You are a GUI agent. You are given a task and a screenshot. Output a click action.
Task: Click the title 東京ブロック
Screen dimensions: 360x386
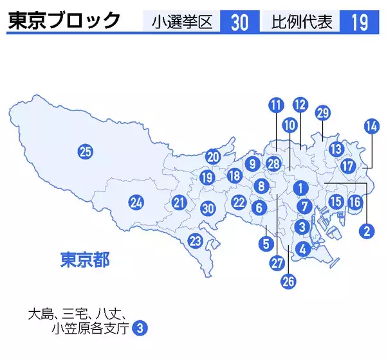pyautogui.click(x=64, y=21)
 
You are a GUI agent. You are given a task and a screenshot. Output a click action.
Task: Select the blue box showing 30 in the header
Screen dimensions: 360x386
pyautogui.click(x=239, y=22)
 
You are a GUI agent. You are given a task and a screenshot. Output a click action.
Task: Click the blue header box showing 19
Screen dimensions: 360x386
pyautogui.click(x=360, y=22)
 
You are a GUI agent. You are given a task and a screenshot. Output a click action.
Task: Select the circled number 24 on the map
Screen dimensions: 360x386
pyautogui.click(x=135, y=203)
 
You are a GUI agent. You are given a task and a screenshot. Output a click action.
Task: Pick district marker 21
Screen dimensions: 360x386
pyautogui.click(x=179, y=204)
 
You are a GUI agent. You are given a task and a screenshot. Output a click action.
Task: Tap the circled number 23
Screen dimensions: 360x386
pyautogui.click(x=195, y=242)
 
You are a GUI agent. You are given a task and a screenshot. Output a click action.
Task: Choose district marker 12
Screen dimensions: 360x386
pyautogui.click(x=300, y=104)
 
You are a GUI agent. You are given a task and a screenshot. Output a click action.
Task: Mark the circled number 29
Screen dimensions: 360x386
pyautogui.click(x=323, y=113)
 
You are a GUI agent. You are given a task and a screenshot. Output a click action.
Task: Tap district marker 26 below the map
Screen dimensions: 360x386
pyautogui.click(x=288, y=280)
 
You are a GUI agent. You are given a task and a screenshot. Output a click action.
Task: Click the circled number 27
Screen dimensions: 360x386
pyautogui.click(x=277, y=262)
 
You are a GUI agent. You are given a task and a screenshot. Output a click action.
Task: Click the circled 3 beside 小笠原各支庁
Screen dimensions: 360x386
pyautogui.click(x=140, y=328)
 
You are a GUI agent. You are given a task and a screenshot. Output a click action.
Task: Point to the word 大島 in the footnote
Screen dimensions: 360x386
pyautogui.click(x=40, y=314)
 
